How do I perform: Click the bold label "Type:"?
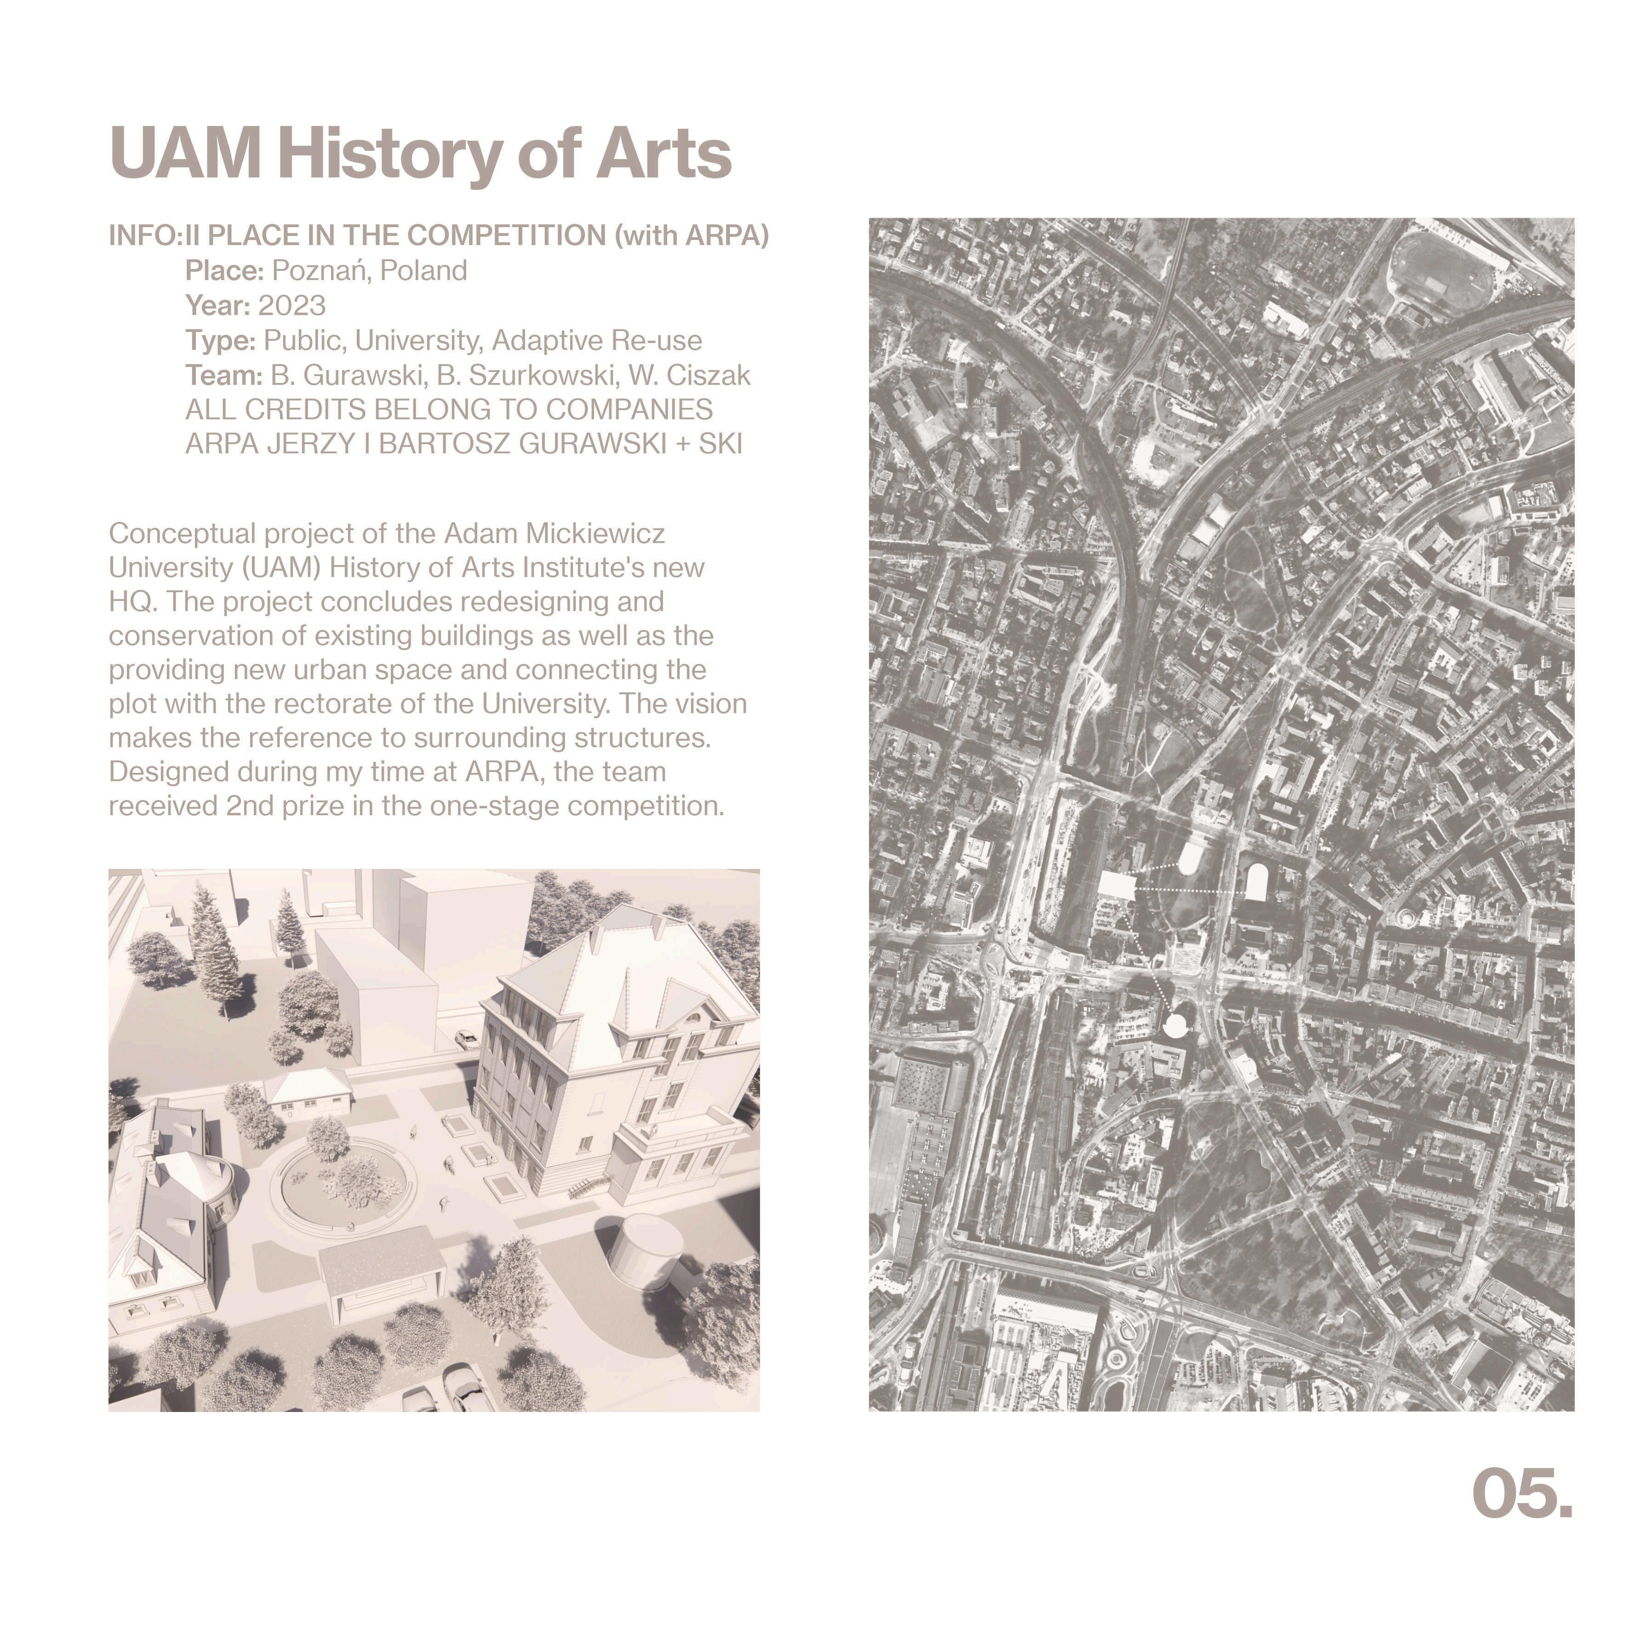pyautogui.click(x=220, y=341)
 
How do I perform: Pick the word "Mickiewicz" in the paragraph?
pyautogui.click(x=595, y=534)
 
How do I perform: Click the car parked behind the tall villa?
pyautogui.click(x=466, y=1037)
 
